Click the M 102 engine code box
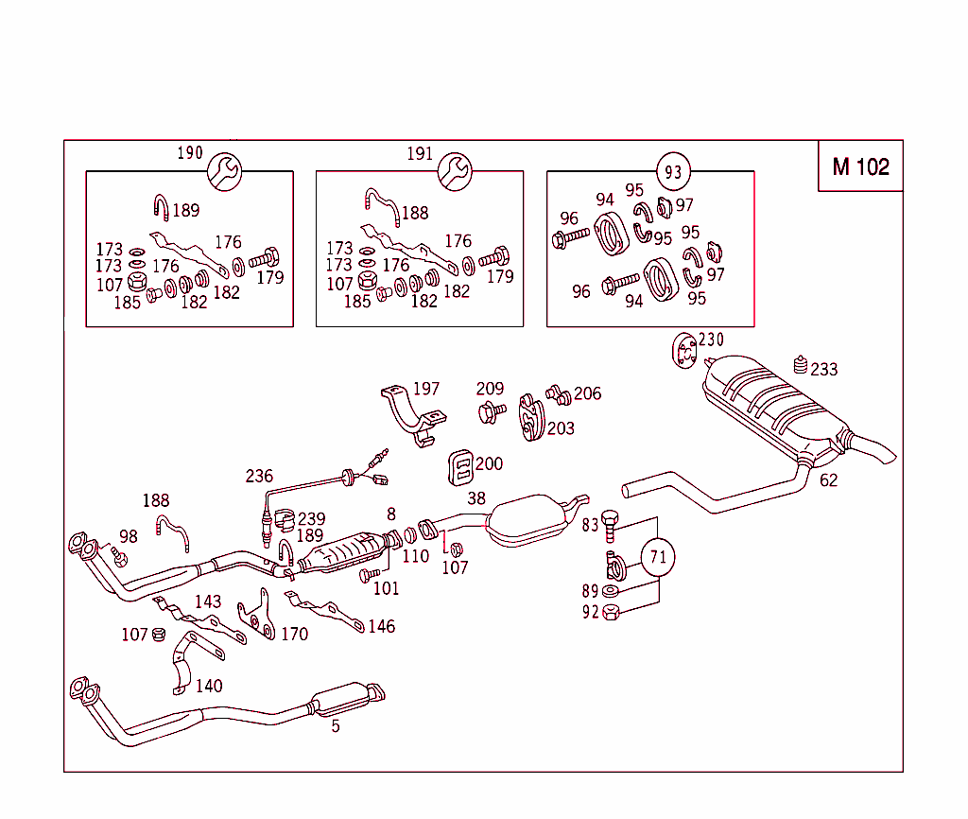pos(860,166)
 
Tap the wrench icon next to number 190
pos(225,170)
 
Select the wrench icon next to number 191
pos(455,170)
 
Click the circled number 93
pos(673,172)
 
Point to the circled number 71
pos(658,557)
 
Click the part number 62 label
pos(828,480)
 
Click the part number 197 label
pos(426,389)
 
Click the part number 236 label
pos(259,476)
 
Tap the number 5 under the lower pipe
pos(335,726)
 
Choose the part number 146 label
pos(381,626)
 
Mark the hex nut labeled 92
pos(611,611)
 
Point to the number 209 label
pos(490,389)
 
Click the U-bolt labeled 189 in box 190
pos(161,208)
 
